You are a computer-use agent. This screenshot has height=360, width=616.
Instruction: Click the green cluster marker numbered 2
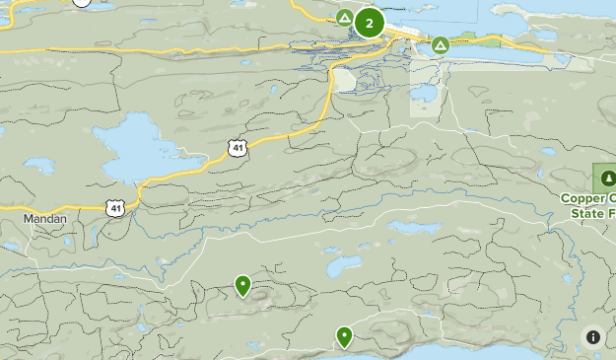[369, 22]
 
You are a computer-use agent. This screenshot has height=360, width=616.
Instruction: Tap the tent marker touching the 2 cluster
[345, 18]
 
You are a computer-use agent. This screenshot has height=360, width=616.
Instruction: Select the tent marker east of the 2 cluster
[440, 44]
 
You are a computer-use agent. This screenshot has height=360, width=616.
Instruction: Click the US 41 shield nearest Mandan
[116, 207]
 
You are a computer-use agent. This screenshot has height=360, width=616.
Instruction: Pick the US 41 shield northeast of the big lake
[237, 148]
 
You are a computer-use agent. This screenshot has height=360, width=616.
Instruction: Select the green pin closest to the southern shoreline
[344, 336]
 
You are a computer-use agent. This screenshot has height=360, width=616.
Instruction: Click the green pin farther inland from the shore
[242, 285]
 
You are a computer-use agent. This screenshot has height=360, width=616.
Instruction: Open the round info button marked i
[593, 336]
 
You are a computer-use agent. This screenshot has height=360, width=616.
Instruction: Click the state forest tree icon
[605, 179]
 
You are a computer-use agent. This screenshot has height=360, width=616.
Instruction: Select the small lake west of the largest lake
[38, 165]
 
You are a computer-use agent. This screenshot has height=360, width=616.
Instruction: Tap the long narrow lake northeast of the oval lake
[414, 228]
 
